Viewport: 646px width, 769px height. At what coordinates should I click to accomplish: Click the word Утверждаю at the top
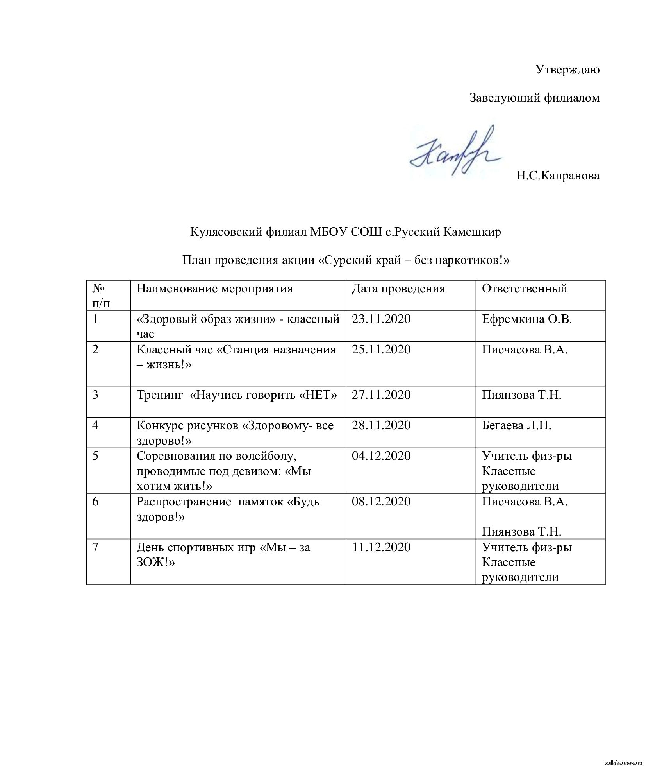567,70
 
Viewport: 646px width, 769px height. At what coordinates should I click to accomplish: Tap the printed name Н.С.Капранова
557,176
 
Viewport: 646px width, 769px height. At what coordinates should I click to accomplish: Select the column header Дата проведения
398,289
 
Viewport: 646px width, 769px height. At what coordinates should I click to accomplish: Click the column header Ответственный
524,289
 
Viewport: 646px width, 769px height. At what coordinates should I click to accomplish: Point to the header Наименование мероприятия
214,289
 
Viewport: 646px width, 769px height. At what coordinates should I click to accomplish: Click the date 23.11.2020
381,319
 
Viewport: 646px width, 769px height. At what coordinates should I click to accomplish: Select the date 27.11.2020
381,395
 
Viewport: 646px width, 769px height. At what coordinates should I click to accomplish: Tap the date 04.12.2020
381,456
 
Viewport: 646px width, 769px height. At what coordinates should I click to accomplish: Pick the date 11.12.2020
381,547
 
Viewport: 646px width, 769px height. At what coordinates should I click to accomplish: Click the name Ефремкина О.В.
526,319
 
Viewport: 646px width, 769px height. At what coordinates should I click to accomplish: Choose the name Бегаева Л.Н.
516,425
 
